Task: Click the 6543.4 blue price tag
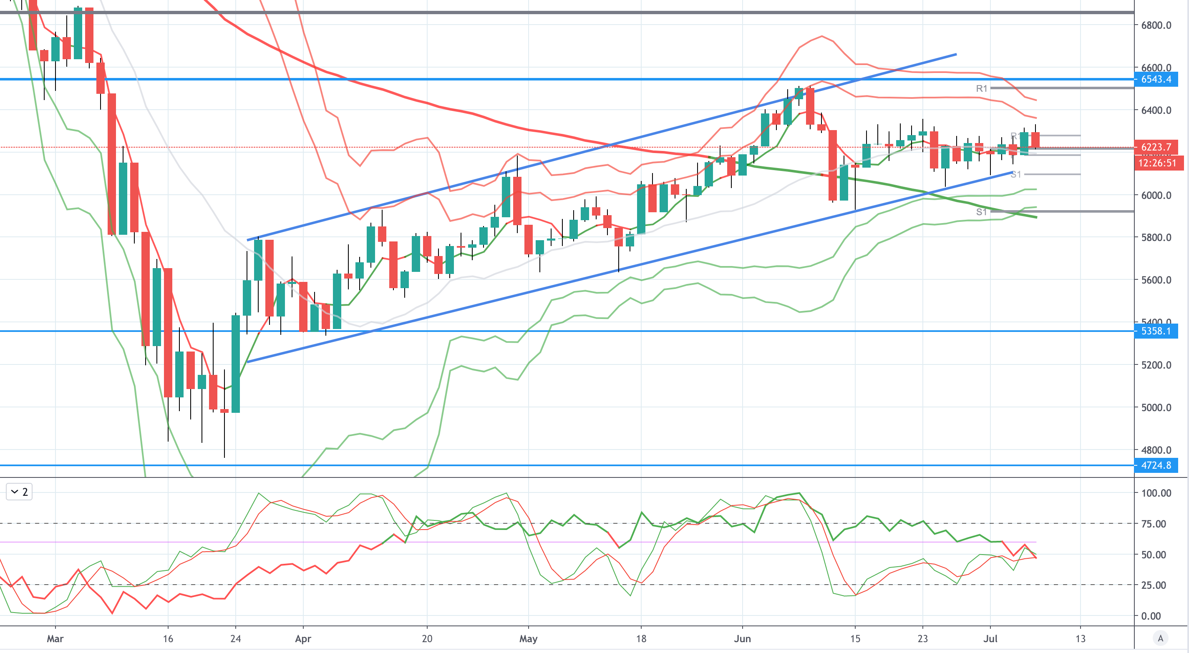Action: tap(1156, 79)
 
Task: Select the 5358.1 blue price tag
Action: tap(1156, 331)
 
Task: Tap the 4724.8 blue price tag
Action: tap(1156, 465)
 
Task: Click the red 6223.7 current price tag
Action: tap(1156, 147)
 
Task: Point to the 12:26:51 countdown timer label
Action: tap(1157, 163)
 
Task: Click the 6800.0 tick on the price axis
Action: tap(1156, 25)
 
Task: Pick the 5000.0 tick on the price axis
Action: tap(1156, 407)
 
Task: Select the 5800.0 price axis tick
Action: tap(1156, 238)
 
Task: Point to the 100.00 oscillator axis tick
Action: tap(1156, 493)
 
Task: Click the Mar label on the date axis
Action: tap(55, 639)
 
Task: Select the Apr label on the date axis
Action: tap(303, 639)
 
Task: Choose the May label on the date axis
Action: tap(528, 639)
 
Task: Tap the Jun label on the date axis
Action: tap(742, 639)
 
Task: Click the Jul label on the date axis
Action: tap(990, 639)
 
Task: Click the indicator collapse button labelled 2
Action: tap(19, 492)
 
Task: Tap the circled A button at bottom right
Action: tap(1160, 639)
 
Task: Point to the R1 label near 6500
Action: tap(981, 88)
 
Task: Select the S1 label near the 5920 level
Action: tap(981, 212)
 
